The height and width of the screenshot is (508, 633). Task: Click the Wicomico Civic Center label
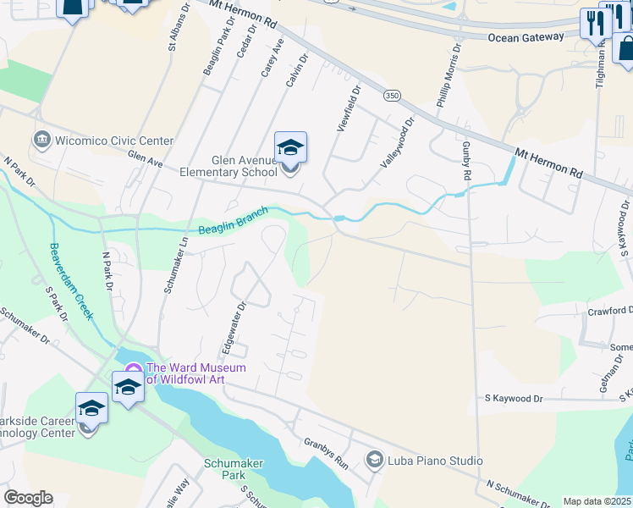coord(114,141)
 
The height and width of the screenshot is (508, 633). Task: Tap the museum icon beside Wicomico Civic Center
coord(41,139)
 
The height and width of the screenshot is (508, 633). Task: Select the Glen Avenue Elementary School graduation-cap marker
coord(290,149)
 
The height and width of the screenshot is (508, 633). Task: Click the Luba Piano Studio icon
coord(374,460)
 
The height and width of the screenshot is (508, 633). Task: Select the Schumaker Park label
coord(234,470)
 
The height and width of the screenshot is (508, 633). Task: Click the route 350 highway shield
coord(391,97)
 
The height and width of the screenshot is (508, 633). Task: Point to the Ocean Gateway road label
coord(526,36)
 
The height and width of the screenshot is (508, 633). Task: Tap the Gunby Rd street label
coord(466,161)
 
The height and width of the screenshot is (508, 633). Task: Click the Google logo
coord(28,498)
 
